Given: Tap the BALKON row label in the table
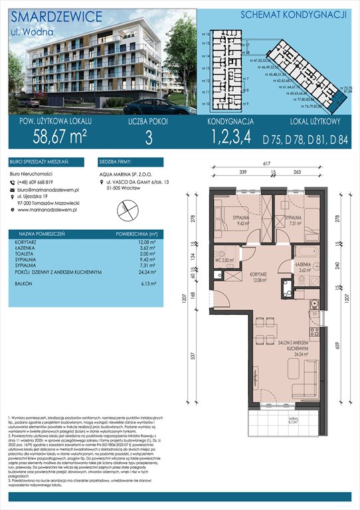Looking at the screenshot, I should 29,284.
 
